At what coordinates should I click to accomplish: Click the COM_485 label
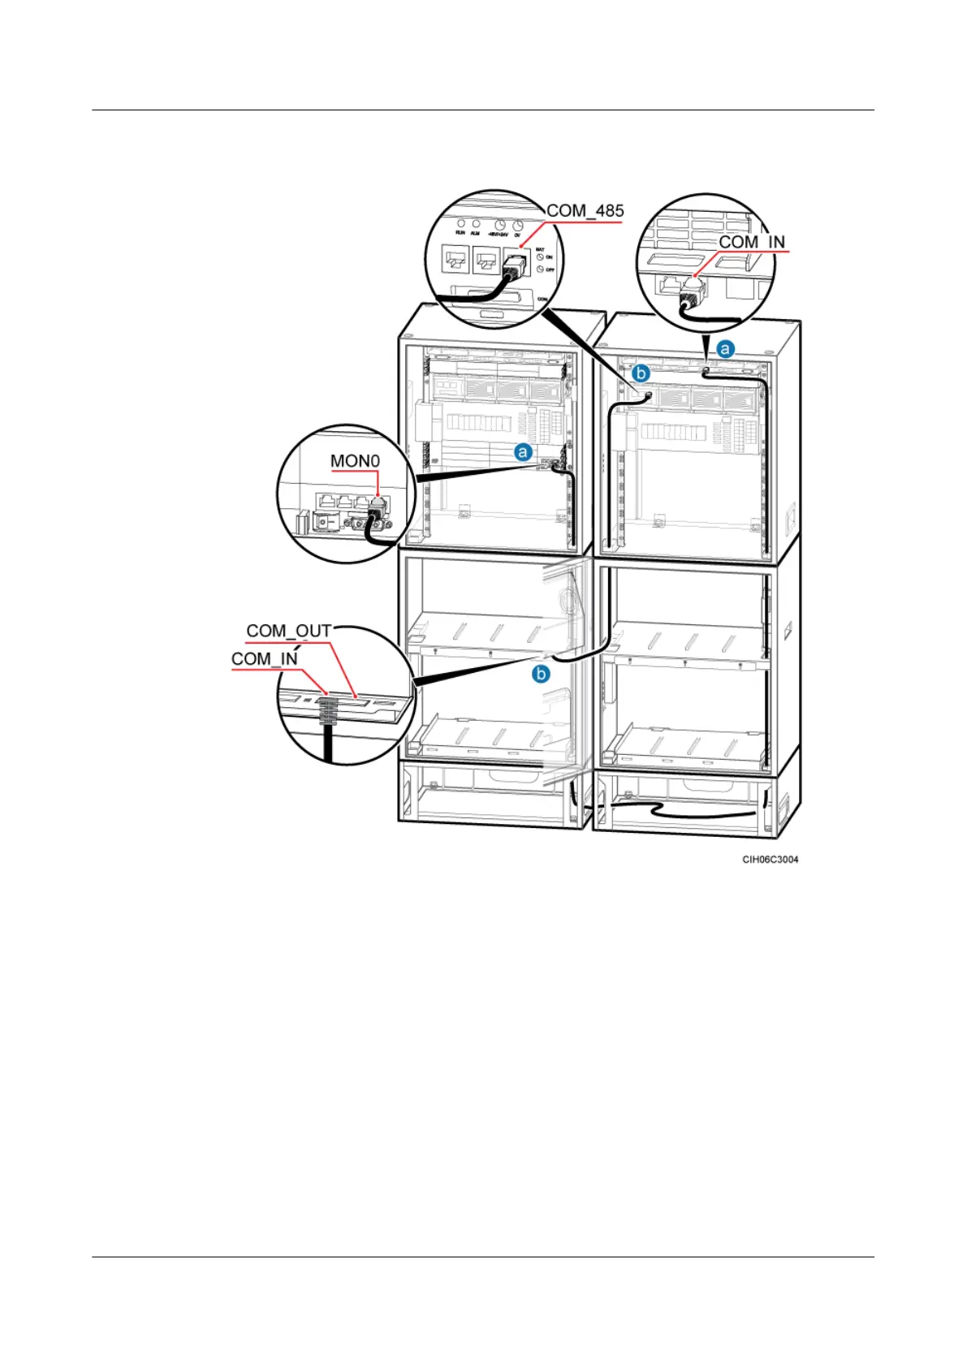tap(585, 211)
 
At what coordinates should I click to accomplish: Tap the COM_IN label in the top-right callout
tap(752, 242)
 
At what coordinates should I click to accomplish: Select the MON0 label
tap(355, 461)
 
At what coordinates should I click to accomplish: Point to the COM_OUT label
tap(289, 631)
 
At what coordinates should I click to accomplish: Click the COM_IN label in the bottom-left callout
tap(265, 658)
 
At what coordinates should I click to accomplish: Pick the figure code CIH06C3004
tap(770, 860)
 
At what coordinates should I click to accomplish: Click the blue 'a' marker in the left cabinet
tap(524, 451)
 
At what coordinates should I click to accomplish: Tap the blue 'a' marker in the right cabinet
tap(724, 350)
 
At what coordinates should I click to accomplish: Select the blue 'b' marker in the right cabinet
tap(641, 373)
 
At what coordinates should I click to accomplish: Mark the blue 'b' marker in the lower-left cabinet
tap(541, 674)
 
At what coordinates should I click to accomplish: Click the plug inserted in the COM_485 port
tap(515, 265)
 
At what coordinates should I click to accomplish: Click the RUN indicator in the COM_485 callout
tap(460, 223)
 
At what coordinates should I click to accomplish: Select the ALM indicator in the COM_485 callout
tap(476, 223)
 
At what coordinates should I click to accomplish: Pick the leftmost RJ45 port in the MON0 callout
tap(326, 502)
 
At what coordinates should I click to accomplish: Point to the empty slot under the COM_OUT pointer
tap(360, 701)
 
